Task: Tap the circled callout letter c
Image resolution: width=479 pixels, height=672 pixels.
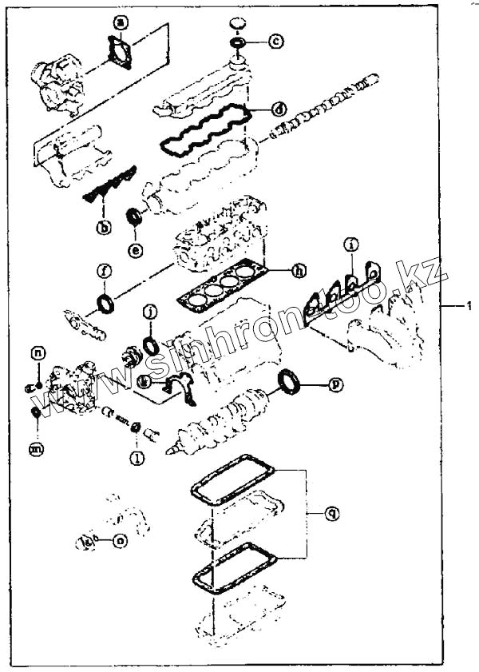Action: tap(275, 39)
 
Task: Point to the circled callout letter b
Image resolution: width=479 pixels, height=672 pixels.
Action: tap(104, 228)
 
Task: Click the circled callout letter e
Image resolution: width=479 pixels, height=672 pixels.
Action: tap(137, 250)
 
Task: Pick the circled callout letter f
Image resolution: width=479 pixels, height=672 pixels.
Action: tap(104, 271)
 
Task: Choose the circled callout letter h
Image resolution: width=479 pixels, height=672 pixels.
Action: tap(298, 271)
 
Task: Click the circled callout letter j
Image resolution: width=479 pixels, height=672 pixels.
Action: tap(149, 312)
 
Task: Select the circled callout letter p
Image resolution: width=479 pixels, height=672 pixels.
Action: tap(337, 384)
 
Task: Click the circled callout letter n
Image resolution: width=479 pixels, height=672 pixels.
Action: tap(38, 352)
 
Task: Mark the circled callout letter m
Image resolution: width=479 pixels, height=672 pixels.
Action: tap(37, 451)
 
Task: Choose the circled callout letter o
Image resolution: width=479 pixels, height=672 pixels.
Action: tap(120, 541)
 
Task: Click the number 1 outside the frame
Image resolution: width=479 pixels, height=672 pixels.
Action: tap(469, 305)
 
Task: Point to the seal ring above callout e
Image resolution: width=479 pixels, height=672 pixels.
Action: tap(136, 215)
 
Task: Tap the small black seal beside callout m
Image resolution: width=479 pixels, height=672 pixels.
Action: tap(35, 412)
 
